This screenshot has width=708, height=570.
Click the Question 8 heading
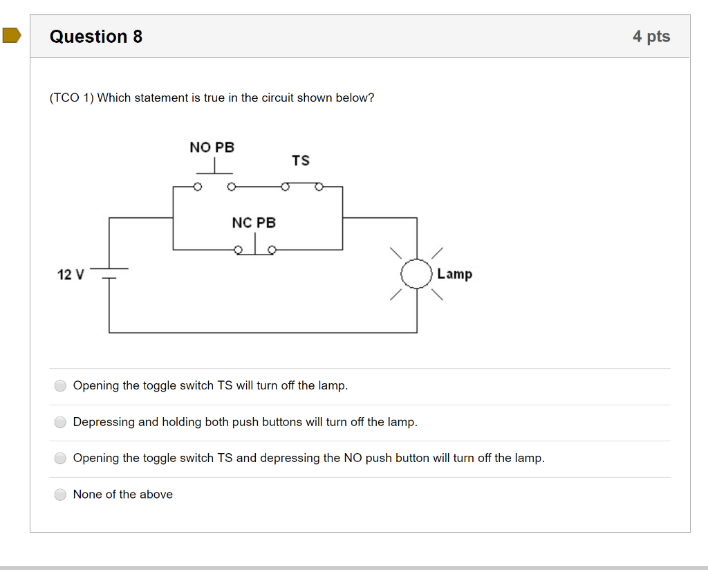point(96,37)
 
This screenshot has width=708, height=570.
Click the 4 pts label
point(651,37)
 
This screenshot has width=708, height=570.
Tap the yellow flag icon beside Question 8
point(12,35)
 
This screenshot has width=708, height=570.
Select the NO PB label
point(212,147)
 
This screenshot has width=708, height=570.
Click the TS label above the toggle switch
point(300,160)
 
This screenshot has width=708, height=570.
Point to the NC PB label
point(253,223)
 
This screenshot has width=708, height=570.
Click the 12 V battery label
point(70,275)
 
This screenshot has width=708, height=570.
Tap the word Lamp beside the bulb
point(454,274)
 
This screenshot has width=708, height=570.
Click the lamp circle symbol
point(416,274)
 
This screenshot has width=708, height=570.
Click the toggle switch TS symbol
point(301,185)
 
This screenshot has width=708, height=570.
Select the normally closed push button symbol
point(255,248)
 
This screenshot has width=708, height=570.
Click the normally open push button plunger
point(214,167)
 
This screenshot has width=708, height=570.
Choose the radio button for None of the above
point(61,494)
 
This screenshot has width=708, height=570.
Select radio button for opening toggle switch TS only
point(61,385)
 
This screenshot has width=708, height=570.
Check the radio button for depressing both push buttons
point(61,422)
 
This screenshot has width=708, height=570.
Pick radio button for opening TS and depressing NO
point(61,458)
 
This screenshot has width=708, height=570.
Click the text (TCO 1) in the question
point(71,98)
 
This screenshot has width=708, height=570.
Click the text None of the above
point(123,494)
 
